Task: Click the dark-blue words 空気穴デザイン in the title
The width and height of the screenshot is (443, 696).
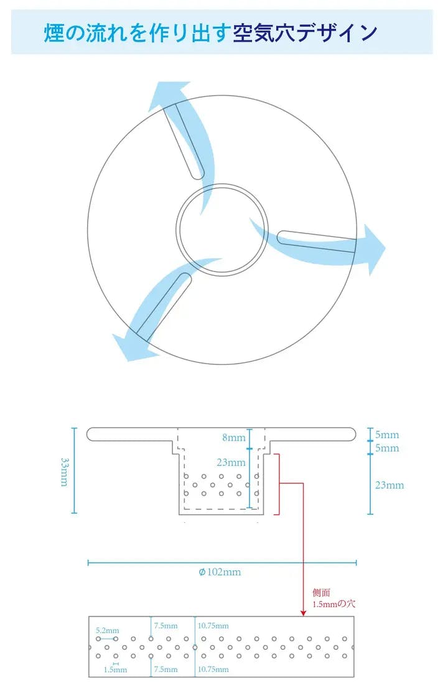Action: pos(305,33)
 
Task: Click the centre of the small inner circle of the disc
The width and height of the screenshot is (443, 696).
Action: pos(222,229)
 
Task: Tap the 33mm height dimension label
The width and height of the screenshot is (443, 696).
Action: pos(64,471)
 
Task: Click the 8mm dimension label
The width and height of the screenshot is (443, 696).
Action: pos(234,438)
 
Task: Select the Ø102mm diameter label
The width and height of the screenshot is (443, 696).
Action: pos(220,571)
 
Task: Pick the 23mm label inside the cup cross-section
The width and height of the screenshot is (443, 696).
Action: pos(231,463)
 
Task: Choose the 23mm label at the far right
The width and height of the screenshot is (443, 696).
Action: pos(389,485)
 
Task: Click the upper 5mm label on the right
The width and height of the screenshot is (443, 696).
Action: pos(387,435)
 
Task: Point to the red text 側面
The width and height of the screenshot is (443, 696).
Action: pos(322,593)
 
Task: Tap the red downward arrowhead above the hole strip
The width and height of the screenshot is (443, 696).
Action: pos(303,613)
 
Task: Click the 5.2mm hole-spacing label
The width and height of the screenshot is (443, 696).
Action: pos(107,630)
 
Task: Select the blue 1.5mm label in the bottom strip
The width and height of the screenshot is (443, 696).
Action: pos(115,670)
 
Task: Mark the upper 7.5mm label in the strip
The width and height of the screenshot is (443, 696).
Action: pos(166,626)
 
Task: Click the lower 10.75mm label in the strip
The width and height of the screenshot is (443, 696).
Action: pos(213,669)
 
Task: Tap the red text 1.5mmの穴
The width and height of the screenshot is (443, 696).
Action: pos(334,604)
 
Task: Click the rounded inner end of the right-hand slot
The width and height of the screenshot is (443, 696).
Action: pos(282,237)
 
